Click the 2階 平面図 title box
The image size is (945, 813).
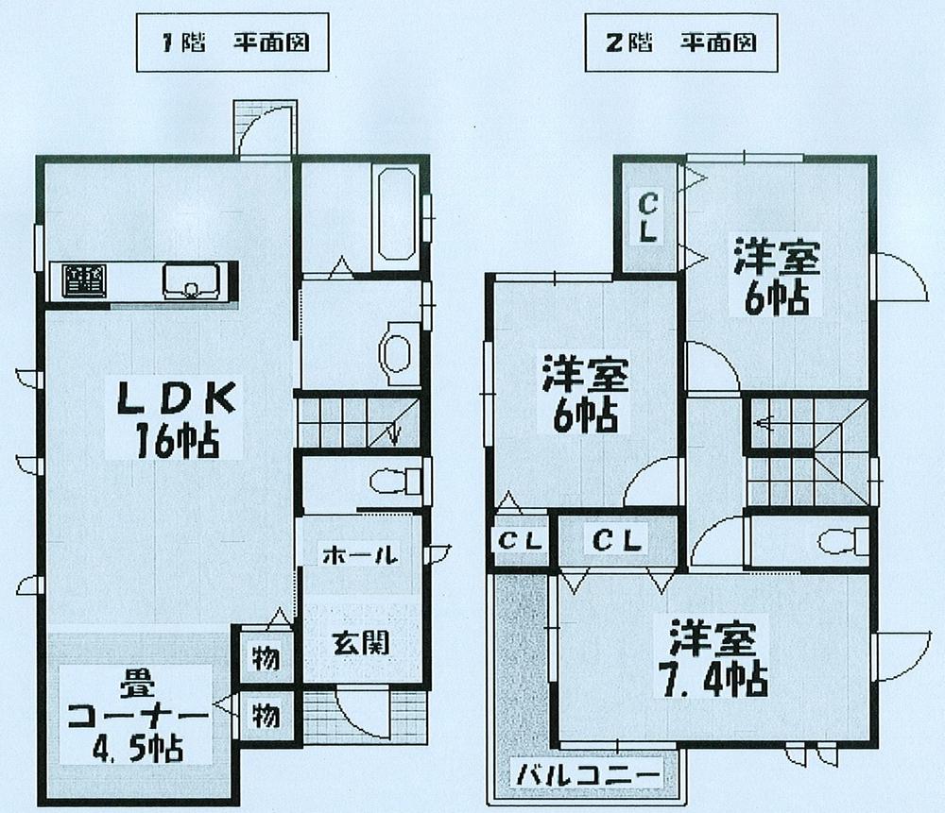[x=673, y=43]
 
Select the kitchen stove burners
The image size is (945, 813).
[x=83, y=280]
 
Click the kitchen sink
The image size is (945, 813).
[x=191, y=280]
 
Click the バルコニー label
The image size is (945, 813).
[x=586, y=776]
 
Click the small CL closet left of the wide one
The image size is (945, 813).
[x=520, y=542]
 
